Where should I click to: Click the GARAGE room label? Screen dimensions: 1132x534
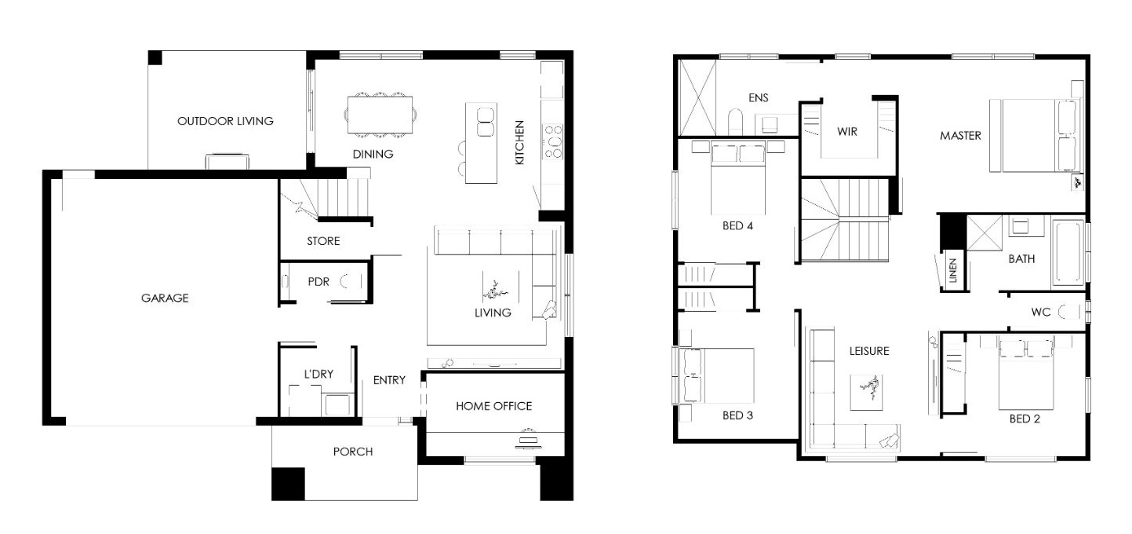pos(165,298)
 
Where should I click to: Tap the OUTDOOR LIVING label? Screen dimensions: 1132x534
pos(225,121)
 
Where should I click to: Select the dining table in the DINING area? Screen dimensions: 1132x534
pos(380,115)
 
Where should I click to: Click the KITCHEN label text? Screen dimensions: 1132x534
pos(519,143)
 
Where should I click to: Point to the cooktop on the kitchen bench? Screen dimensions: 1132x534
pos(553,141)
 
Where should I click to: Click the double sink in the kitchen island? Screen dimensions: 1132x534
pos(485,122)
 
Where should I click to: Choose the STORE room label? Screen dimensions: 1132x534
pos(323,241)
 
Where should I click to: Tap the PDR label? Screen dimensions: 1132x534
pos(318,282)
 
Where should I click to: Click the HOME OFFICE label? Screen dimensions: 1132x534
pos(493,406)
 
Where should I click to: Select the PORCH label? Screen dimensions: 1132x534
pos(353,452)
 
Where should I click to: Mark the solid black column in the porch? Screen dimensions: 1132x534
pos(288,484)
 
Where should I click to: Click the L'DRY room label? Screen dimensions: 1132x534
pos(318,375)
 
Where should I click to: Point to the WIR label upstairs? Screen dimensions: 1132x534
pos(847,131)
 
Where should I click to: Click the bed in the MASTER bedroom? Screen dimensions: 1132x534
pos(1035,135)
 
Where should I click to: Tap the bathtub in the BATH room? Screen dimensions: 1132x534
pos(1068,252)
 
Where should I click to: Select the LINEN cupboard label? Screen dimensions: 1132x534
pos(952,271)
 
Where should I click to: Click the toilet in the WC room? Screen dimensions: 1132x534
pos(1068,312)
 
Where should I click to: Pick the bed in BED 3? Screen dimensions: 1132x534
pos(718,375)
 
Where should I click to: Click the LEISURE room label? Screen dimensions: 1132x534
pos(868,351)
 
